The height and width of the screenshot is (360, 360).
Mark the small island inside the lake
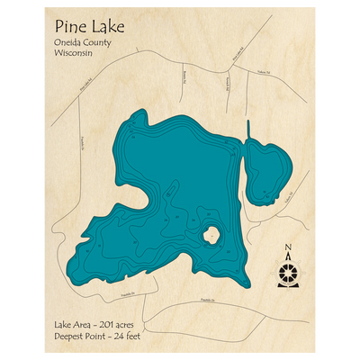212,236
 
